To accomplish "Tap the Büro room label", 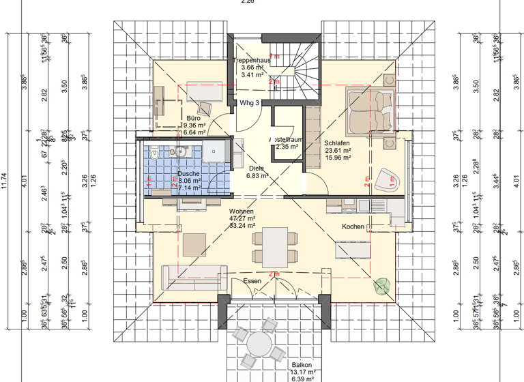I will (x=193, y=118).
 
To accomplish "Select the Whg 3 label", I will (x=250, y=103).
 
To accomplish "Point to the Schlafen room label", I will (x=337, y=143).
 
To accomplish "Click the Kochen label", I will (x=353, y=226).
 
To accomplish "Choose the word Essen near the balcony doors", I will (x=252, y=280).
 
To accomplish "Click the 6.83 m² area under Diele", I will (x=257, y=175).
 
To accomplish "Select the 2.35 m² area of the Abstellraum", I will (x=287, y=146).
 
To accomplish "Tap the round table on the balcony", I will (x=259, y=344).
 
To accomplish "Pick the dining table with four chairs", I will (x=275, y=247).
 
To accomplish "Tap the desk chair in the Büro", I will (x=205, y=108).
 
